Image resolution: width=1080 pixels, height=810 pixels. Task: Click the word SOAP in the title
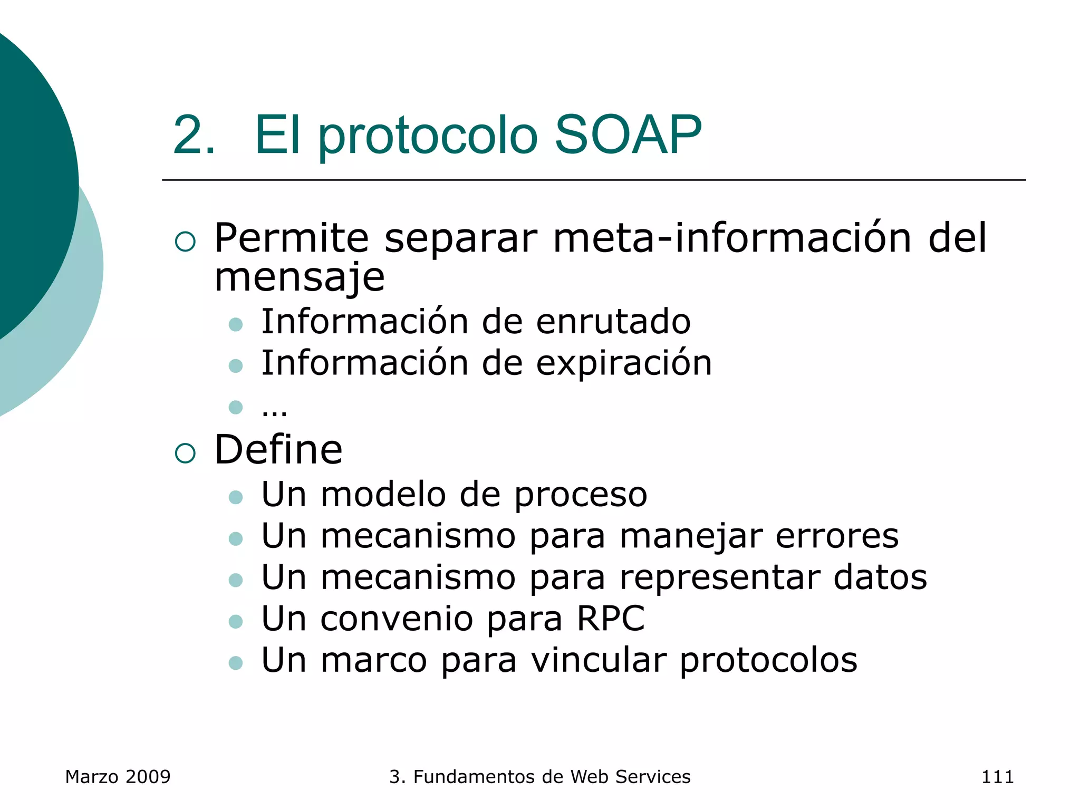click(628, 136)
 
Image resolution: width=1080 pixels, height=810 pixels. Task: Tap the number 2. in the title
click(194, 136)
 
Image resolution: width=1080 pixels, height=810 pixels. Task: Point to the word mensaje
click(300, 277)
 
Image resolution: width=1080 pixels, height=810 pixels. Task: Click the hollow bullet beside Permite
click(185, 241)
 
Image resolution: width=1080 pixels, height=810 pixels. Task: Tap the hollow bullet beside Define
click(185, 452)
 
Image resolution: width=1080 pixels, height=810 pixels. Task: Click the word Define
click(278, 450)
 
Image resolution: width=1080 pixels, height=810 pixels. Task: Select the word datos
click(880, 577)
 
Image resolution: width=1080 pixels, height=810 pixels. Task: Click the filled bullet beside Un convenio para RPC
click(236, 621)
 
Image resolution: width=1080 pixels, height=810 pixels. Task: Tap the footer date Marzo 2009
click(118, 777)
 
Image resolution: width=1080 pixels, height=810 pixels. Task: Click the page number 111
click(997, 777)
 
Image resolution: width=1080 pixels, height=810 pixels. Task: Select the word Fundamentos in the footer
click(481, 777)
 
